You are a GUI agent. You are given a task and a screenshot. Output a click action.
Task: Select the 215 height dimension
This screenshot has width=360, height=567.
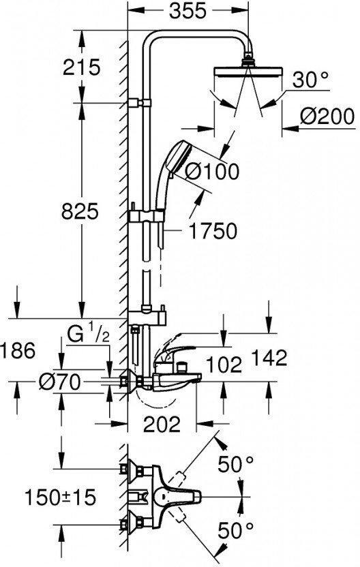81,67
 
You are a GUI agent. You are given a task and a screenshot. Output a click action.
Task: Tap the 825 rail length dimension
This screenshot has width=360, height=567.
80,211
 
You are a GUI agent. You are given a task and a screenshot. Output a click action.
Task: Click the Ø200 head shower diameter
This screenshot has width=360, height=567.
327,117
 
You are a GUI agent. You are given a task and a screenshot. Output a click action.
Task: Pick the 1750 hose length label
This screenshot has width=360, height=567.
213,231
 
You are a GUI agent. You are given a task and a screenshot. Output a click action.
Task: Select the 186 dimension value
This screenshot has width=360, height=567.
18,350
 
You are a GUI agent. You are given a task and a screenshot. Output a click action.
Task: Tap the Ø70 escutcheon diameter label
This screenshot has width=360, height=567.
60,382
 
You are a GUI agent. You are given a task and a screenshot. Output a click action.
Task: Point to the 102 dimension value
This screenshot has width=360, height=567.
224,365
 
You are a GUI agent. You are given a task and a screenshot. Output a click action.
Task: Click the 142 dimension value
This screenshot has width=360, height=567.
269,358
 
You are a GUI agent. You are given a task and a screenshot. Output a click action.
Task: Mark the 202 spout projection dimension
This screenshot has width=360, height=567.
162,425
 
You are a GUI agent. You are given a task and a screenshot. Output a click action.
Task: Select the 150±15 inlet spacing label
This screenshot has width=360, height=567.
61,497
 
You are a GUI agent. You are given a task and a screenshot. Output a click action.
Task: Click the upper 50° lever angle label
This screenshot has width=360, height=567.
236,464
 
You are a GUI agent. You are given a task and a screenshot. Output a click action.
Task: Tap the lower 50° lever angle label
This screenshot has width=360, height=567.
236,531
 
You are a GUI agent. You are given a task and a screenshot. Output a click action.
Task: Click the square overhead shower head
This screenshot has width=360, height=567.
248,72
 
